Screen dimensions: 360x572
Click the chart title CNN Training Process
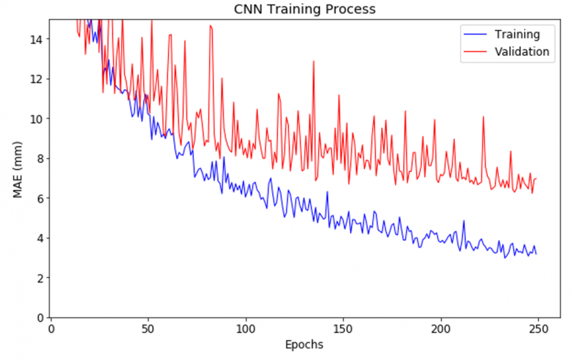(x=304, y=9)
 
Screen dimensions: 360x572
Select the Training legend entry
(x=517, y=35)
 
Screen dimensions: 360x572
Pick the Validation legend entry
(x=521, y=51)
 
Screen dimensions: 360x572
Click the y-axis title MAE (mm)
(x=17, y=170)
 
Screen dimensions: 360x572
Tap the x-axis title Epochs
(x=304, y=345)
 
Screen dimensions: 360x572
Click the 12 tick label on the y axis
(x=39, y=78)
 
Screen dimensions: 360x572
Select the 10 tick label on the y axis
(x=39, y=118)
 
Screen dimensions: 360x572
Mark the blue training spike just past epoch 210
(x=464, y=221)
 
